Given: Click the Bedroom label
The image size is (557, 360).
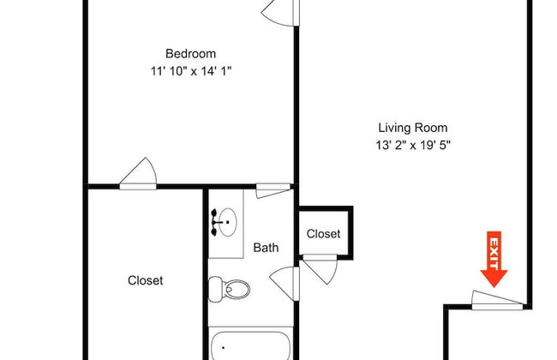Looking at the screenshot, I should tap(191, 51).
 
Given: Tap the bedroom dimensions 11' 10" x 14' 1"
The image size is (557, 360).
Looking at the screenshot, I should tap(191, 71).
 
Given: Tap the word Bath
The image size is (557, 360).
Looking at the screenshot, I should tap(266, 248).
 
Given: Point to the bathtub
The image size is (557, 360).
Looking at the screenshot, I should tap(251, 345).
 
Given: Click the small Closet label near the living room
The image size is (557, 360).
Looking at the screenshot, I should tap(323, 233).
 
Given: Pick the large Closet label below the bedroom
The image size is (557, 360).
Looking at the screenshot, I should tap(145, 279).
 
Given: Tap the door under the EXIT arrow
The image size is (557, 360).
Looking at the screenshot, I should tap(497, 299).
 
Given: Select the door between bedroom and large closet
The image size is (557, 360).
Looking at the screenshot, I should tap(138, 174).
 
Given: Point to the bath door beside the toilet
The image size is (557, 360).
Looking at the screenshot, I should tap(285, 280).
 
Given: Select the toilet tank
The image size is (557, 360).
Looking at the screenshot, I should tap(214, 288).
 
